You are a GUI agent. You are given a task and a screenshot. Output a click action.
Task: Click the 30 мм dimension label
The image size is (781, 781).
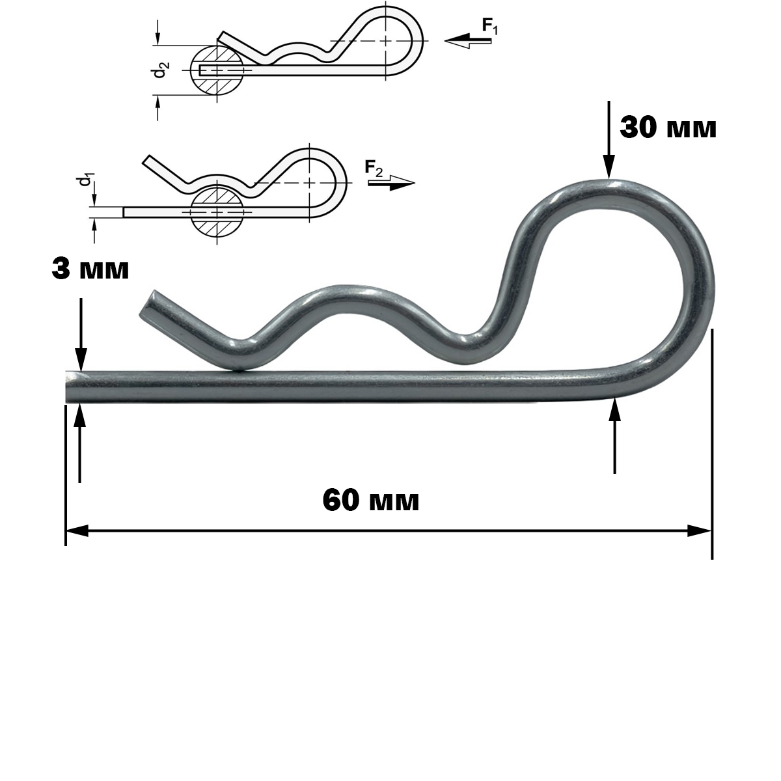[x=668, y=128]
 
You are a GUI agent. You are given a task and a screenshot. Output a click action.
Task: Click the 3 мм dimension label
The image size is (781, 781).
[x=90, y=269]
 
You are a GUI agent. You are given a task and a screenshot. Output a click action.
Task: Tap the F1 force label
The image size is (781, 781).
[x=490, y=27]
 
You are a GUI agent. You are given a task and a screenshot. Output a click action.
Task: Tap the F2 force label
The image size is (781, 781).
[x=374, y=168]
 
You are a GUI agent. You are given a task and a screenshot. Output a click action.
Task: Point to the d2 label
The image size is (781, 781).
[x=162, y=70]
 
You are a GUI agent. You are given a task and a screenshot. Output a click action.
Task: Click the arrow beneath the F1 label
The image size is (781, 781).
[x=468, y=41]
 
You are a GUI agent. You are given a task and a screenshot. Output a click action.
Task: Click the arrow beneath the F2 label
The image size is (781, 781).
[x=392, y=183]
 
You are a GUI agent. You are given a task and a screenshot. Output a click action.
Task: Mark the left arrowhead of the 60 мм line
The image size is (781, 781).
[x=77, y=531]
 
